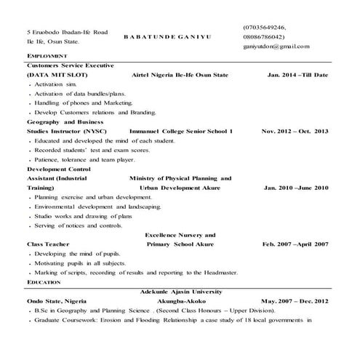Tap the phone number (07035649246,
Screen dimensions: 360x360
269,26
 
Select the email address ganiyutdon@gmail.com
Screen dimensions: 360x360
276,47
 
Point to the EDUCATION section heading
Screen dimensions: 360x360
44,281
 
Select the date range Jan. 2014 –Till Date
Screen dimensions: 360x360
298,75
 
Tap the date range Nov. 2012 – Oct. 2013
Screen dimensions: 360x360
295,131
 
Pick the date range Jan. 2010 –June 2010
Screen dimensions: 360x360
296,188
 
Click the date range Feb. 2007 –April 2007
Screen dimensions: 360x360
295,244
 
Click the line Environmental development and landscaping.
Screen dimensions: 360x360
97,207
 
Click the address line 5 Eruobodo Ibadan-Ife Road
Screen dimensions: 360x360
67,32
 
